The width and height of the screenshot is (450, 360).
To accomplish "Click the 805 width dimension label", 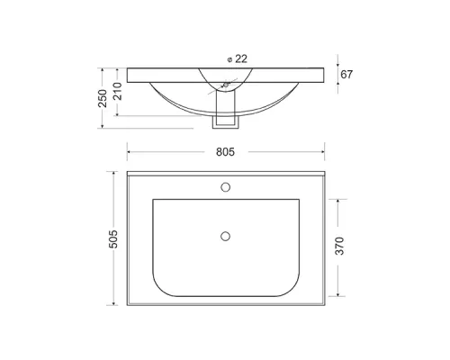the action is tap(225, 152).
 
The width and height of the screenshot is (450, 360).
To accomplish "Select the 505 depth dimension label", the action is tap(113, 239).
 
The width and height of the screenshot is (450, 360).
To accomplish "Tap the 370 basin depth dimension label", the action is tap(339, 246).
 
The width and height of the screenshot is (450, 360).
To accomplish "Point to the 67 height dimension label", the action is tap(346, 75).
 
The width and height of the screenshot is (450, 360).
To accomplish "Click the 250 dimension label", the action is tap(103, 98).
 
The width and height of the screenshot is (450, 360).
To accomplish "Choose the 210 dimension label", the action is tap(117, 91).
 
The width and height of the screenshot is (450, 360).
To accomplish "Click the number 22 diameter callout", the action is tap(241, 58).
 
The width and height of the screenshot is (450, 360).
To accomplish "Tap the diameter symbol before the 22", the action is tap(230, 59).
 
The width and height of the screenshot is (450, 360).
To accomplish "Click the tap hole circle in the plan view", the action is tap(225, 187).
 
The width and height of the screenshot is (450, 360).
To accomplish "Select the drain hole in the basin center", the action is tap(225, 237).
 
